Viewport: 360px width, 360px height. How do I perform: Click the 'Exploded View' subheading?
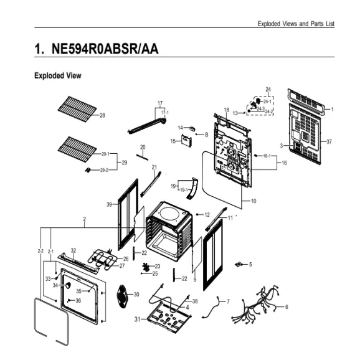[57, 75]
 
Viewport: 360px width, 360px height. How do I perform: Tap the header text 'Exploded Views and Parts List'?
[296, 23]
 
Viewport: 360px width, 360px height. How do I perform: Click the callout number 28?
[102, 115]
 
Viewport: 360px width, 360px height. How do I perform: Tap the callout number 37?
[329, 141]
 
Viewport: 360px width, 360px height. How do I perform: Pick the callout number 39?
[108, 205]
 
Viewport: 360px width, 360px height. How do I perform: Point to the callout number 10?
[253, 201]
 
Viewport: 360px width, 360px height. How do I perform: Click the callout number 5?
[250, 265]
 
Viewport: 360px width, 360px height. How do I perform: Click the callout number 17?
[159, 102]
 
